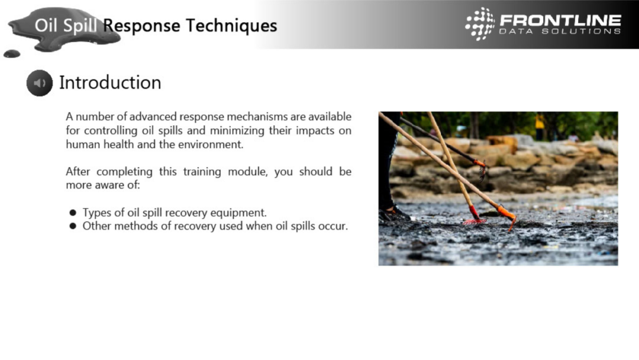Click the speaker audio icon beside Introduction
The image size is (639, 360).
pos(40,83)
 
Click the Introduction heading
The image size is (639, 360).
pos(110,82)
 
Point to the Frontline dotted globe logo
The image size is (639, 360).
pos(480,24)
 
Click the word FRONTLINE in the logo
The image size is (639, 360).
pos(560,20)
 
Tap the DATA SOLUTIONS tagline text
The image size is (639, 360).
pos(560,31)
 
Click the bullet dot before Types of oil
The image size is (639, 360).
pos(73,213)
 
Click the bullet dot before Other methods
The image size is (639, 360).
pos(73,226)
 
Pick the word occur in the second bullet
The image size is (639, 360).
pos(334,226)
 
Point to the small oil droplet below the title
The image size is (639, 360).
pos(11,54)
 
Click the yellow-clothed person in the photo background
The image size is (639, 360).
pos(540,122)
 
